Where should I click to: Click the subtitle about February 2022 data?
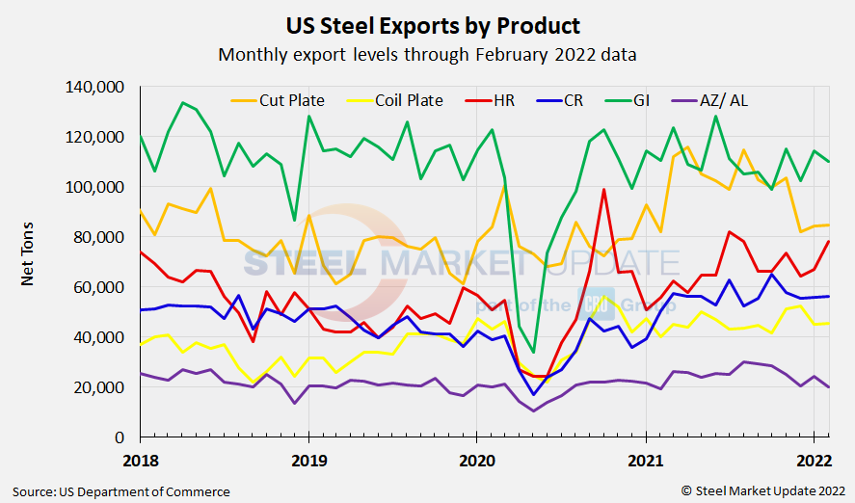tap(427, 54)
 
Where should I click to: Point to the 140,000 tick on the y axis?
tap(94, 88)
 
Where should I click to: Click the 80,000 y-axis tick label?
tap(98, 237)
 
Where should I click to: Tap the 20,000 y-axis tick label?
tap(98, 387)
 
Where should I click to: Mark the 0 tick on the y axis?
tap(118, 437)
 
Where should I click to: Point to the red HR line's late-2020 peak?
tap(603, 190)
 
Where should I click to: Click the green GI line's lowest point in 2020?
tap(534, 353)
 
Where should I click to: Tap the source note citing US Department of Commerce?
tap(121, 491)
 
